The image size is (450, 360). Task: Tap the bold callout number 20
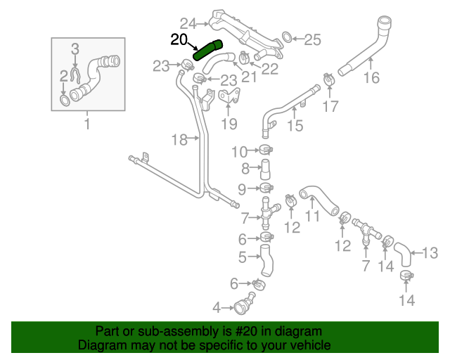point(180,39)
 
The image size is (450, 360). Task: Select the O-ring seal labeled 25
point(287,37)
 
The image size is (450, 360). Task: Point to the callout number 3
point(76,48)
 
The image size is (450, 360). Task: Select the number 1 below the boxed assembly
point(87,125)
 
